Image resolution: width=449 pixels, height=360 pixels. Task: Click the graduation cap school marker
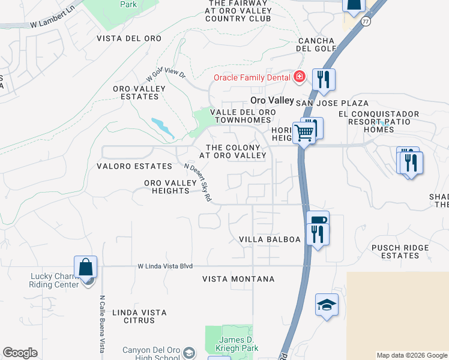coord(327,305)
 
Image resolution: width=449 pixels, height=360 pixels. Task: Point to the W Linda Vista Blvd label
coord(165,266)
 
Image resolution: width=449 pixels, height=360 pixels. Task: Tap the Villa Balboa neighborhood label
coord(270,239)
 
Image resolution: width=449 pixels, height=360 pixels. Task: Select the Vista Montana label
coord(238,279)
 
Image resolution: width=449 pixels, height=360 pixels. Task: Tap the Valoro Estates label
coord(134,166)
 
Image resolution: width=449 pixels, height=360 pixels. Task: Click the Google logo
coord(20,353)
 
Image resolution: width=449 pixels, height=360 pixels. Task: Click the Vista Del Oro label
coord(129,38)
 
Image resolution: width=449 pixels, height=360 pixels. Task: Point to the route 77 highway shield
coord(366,21)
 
